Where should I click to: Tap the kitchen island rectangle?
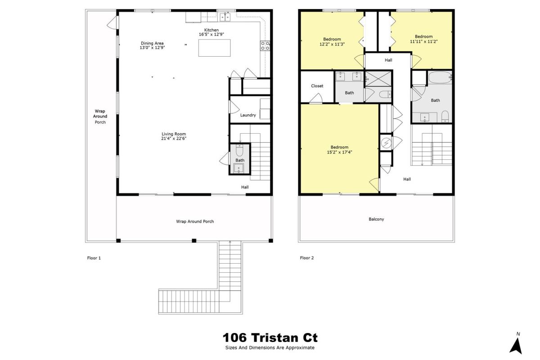[x=214, y=48]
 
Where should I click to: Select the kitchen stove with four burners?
[x=265, y=45]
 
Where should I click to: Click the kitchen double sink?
[x=225, y=17]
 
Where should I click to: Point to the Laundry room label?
[x=248, y=115]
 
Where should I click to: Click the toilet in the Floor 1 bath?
[x=239, y=150]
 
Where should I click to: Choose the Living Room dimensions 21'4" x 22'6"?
[x=174, y=139]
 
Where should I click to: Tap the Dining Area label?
[x=152, y=43]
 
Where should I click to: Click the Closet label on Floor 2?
[x=317, y=86]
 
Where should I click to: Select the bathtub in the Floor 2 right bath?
[x=440, y=77]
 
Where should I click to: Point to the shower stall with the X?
[x=378, y=78]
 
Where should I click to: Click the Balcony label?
[x=376, y=219]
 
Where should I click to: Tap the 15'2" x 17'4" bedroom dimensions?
[x=339, y=152]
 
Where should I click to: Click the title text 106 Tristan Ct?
[x=270, y=337]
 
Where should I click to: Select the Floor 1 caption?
[x=94, y=258]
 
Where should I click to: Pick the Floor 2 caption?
[x=307, y=258]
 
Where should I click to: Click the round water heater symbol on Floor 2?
[x=386, y=143]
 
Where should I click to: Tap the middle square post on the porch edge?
[x=194, y=241]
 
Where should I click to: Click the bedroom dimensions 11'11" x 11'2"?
[x=424, y=41]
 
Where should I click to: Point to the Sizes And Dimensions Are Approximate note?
[x=270, y=348]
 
